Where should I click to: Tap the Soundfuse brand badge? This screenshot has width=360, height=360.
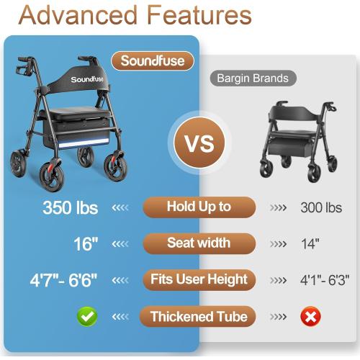coord(152,61)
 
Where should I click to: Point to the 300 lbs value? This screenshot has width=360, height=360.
coord(321,208)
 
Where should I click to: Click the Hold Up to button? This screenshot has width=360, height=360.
coord(199,207)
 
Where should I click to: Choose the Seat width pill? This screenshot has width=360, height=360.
coord(199,243)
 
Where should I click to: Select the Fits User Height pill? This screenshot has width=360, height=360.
coord(199,279)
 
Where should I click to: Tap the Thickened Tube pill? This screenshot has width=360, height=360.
coord(199,315)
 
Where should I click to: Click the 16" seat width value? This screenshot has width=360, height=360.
coord(85,243)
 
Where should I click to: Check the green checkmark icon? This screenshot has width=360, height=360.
coord(87,316)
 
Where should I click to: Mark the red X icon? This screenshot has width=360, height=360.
coord(311,316)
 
